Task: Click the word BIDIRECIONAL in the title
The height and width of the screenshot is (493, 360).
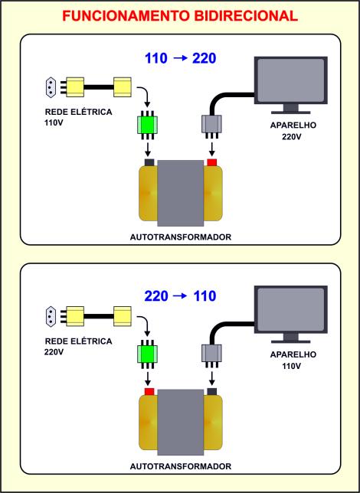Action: [246, 16]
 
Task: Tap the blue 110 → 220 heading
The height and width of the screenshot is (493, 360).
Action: [180, 58]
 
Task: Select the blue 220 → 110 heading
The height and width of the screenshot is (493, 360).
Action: [180, 296]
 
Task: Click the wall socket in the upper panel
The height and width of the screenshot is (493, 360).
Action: [51, 87]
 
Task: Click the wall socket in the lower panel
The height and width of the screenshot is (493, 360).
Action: [51, 316]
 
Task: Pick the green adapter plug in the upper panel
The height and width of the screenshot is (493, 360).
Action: [148, 125]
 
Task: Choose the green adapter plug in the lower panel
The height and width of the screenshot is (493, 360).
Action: [148, 354]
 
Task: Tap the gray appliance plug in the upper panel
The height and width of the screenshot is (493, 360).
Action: [211, 126]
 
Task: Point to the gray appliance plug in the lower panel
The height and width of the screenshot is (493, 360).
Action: [211, 356]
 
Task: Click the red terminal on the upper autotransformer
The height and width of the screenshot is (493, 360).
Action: [211, 162]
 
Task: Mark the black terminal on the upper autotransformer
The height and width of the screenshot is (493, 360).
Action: [149, 162]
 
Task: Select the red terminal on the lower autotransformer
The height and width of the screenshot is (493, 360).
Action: [149, 392]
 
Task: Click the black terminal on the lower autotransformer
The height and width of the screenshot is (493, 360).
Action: [211, 392]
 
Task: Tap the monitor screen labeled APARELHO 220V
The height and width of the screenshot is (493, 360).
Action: [291, 80]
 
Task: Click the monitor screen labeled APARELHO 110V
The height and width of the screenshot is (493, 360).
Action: [291, 309]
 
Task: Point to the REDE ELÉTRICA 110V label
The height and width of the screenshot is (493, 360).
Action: [78, 117]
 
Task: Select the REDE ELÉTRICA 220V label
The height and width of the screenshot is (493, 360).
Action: [78, 346]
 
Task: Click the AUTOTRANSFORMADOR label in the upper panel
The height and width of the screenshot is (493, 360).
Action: [181, 237]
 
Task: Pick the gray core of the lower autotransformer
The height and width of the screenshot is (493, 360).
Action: [181, 423]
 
